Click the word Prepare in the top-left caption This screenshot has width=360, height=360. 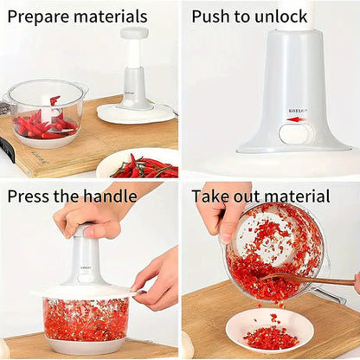point(37,16)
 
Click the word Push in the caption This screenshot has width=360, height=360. point(211,16)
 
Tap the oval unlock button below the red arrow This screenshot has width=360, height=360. point(295,133)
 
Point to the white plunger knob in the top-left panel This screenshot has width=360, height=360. point(134,34)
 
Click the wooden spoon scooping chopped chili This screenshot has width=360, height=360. point(312,280)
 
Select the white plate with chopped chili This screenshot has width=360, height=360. point(269,331)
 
